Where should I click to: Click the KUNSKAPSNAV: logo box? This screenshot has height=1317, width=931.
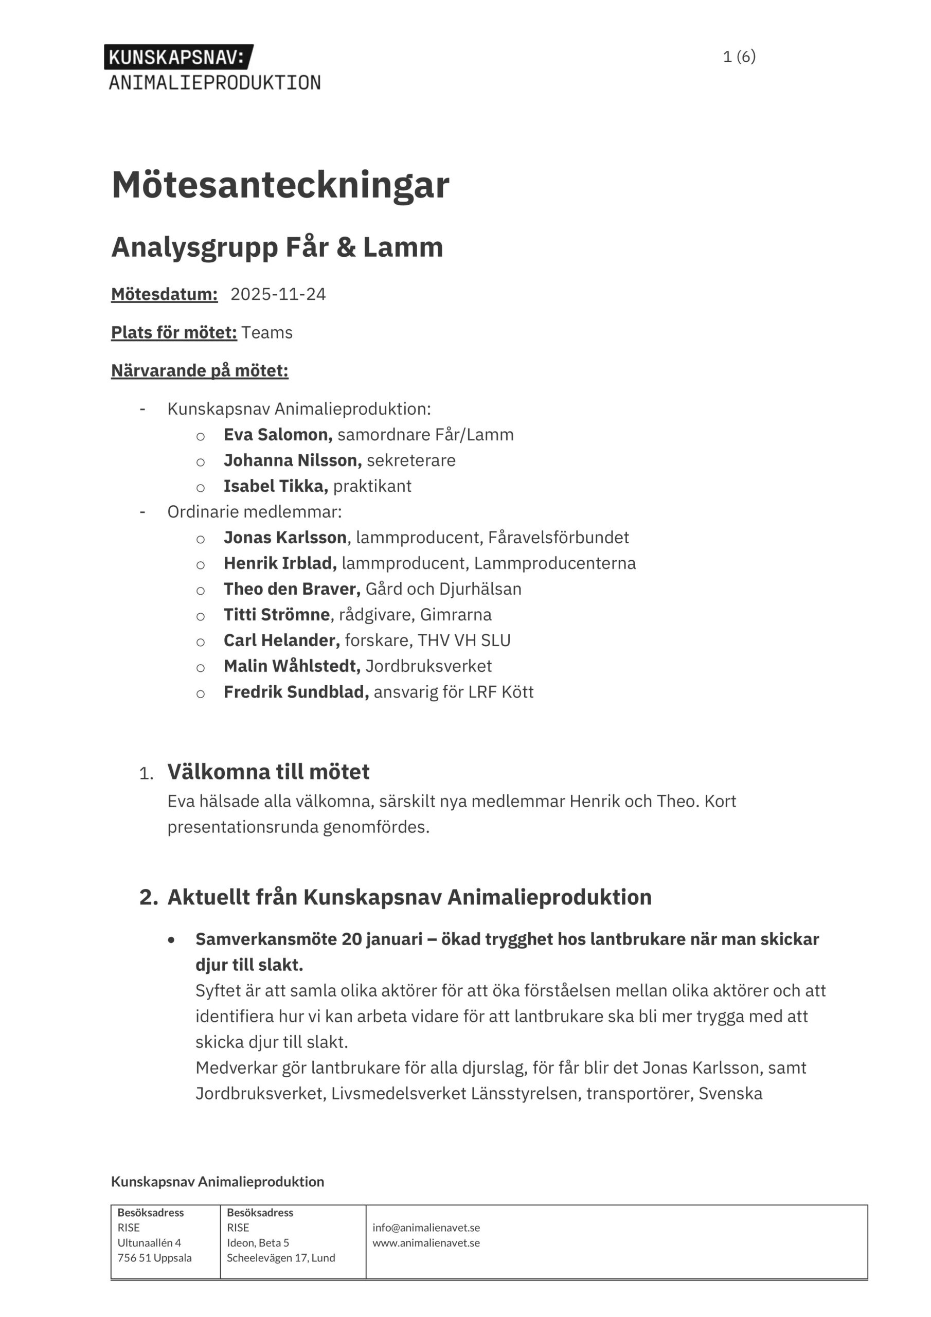point(178,57)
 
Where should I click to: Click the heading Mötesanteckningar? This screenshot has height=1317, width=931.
point(280,185)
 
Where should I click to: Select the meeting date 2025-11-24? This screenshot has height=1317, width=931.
point(278,294)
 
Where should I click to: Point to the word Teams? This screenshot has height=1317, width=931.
point(267,333)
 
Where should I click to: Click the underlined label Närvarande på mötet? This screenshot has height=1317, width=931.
point(200,370)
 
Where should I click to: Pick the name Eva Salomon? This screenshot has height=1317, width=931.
point(278,435)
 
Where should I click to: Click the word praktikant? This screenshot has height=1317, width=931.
point(372,487)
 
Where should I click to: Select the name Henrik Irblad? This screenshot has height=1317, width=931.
point(280,563)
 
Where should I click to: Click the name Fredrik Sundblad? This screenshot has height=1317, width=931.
point(296,692)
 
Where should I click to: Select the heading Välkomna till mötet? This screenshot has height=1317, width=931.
point(268,772)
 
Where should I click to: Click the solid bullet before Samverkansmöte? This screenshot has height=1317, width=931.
point(171,939)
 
